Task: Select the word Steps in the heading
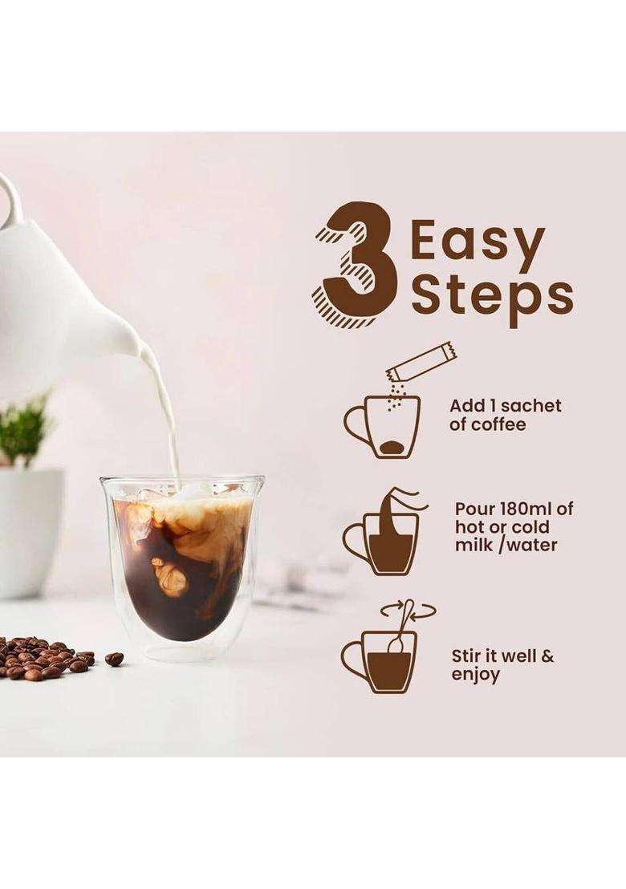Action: (492, 297)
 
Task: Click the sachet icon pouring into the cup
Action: (421, 363)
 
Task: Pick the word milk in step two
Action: (470, 545)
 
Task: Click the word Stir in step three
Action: (466, 656)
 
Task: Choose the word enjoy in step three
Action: (475, 676)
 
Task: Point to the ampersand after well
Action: (547, 656)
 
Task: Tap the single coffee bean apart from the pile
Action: (114, 659)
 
